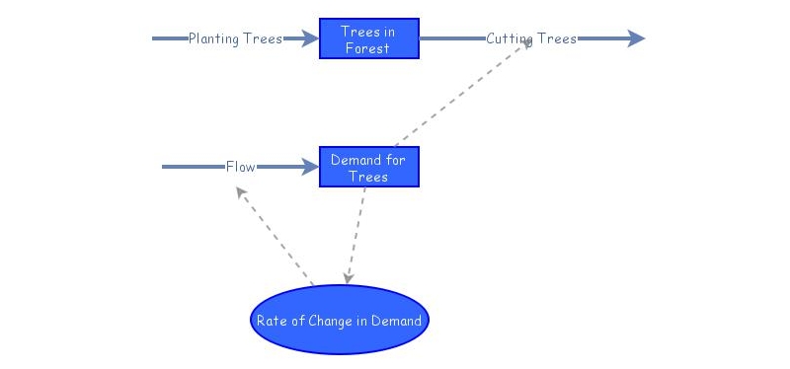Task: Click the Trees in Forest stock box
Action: [x=368, y=38]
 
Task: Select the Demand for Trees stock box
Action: [x=368, y=167]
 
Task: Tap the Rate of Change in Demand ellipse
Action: [x=339, y=320]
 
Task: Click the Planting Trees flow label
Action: [x=235, y=38]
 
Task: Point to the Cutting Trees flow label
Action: [x=531, y=38]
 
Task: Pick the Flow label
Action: [x=240, y=167]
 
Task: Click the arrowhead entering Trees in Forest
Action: [x=310, y=38]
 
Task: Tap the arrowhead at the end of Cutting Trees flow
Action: [x=636, y=38]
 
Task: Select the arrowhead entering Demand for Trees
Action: [x=310, y=167]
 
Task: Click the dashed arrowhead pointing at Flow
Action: [x=241, y=191]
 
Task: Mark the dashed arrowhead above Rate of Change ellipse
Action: [x=348, y=278]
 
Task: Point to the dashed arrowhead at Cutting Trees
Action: [x=527, y=43]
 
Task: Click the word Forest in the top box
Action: [x=367, y=48]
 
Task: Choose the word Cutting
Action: [x=510, y=38]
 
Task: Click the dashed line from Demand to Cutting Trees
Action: [x=462, y=95]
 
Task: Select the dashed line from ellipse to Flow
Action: [x=275, y=236]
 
